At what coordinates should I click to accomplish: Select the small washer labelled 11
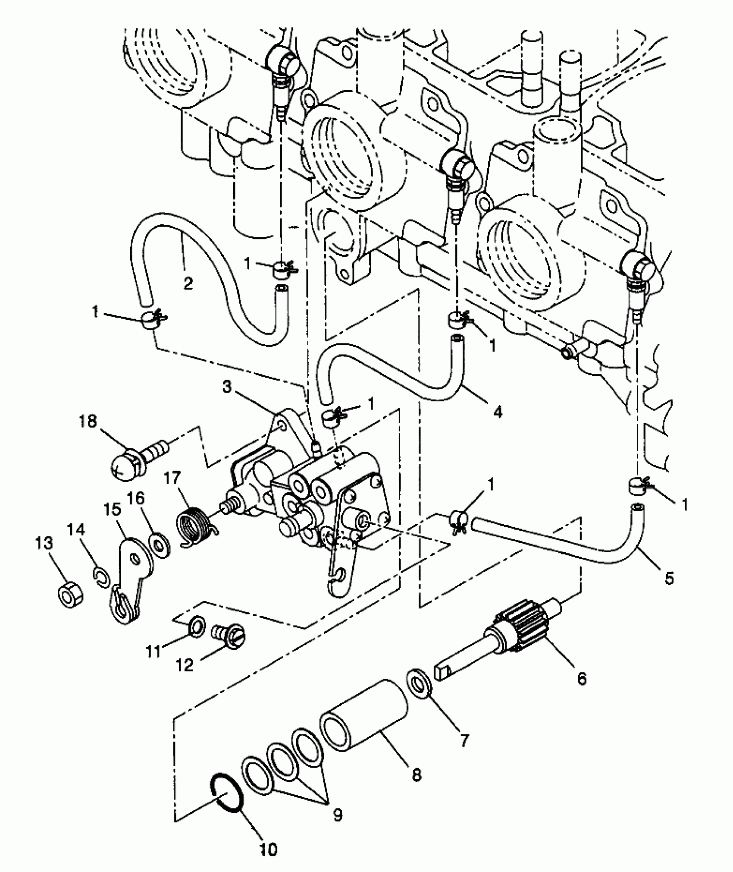pyautogui.click(x=196, y=626)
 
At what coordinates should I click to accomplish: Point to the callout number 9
pyautogui.click(x=338, y=813)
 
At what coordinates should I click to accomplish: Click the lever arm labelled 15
pyautogui.click(x=132, y=578)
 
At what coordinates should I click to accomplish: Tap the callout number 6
pyautogui.click(x=582, y=679)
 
